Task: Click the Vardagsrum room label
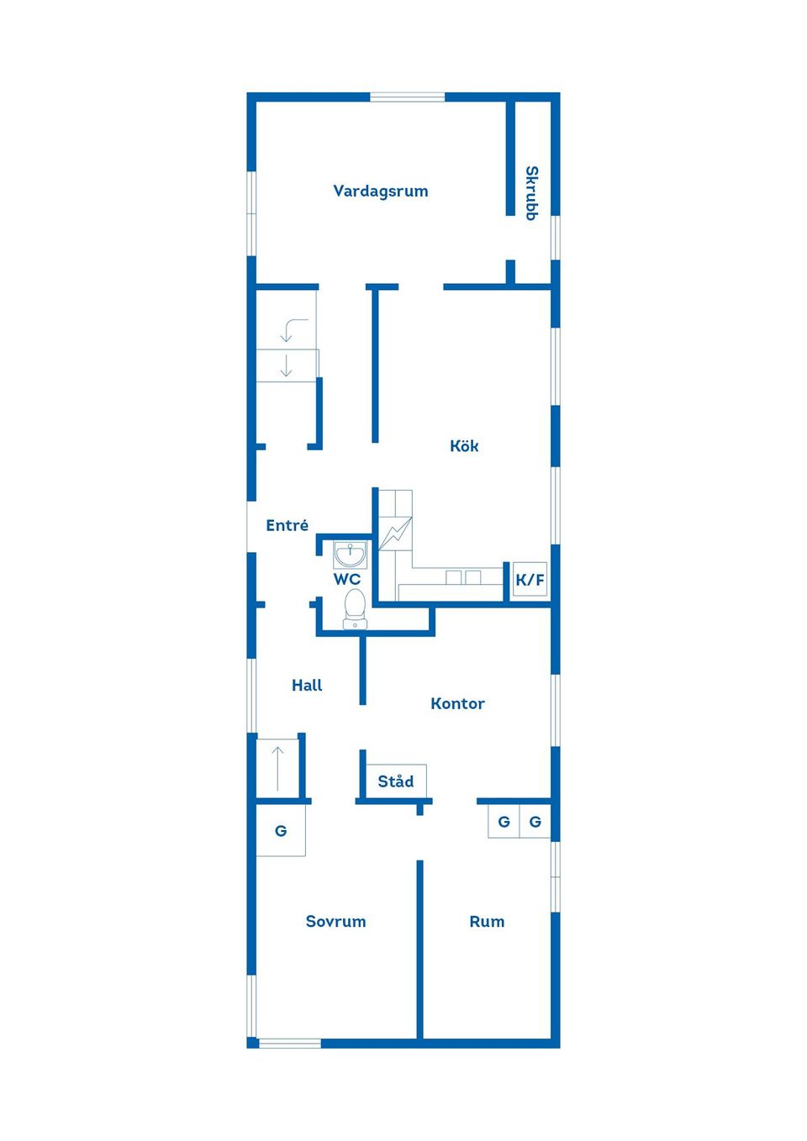point(380,192)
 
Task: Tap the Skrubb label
point(531,193)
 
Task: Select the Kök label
point(464,446)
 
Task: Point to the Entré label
point(287,526)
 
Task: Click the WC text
point(346,580)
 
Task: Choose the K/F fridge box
point(530,580)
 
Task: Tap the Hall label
point(307,686)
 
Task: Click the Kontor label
point(457,704)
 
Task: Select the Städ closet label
point(395,781)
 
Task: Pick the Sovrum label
point(335,922)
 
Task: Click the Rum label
point(487,922)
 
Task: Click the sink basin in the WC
point(350,555)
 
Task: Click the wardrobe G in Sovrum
point(281,831)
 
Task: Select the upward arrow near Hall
point(278,766)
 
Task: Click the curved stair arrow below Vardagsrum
point(293,329)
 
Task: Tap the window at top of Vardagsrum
point(408,97)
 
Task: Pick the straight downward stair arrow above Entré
point(287,365)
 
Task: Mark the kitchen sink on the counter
point(463,577)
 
